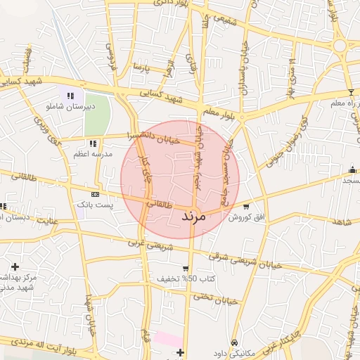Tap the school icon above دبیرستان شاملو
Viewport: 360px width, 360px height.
[x=70, y=96]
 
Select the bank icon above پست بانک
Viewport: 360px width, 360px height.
[x=95, y=194]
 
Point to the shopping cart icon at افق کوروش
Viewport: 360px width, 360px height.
[x=246, y=207]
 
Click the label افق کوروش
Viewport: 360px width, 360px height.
[x=245, y=218]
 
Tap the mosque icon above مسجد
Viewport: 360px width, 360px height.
[x=352, y=169]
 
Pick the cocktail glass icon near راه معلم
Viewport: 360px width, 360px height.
[x=351, y=93]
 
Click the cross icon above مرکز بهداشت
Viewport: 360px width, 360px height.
[x=15, y=266]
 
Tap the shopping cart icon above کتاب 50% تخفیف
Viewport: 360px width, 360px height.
[x=185, y=269]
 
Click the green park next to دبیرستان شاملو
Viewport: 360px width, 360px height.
[x=97, y=113]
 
